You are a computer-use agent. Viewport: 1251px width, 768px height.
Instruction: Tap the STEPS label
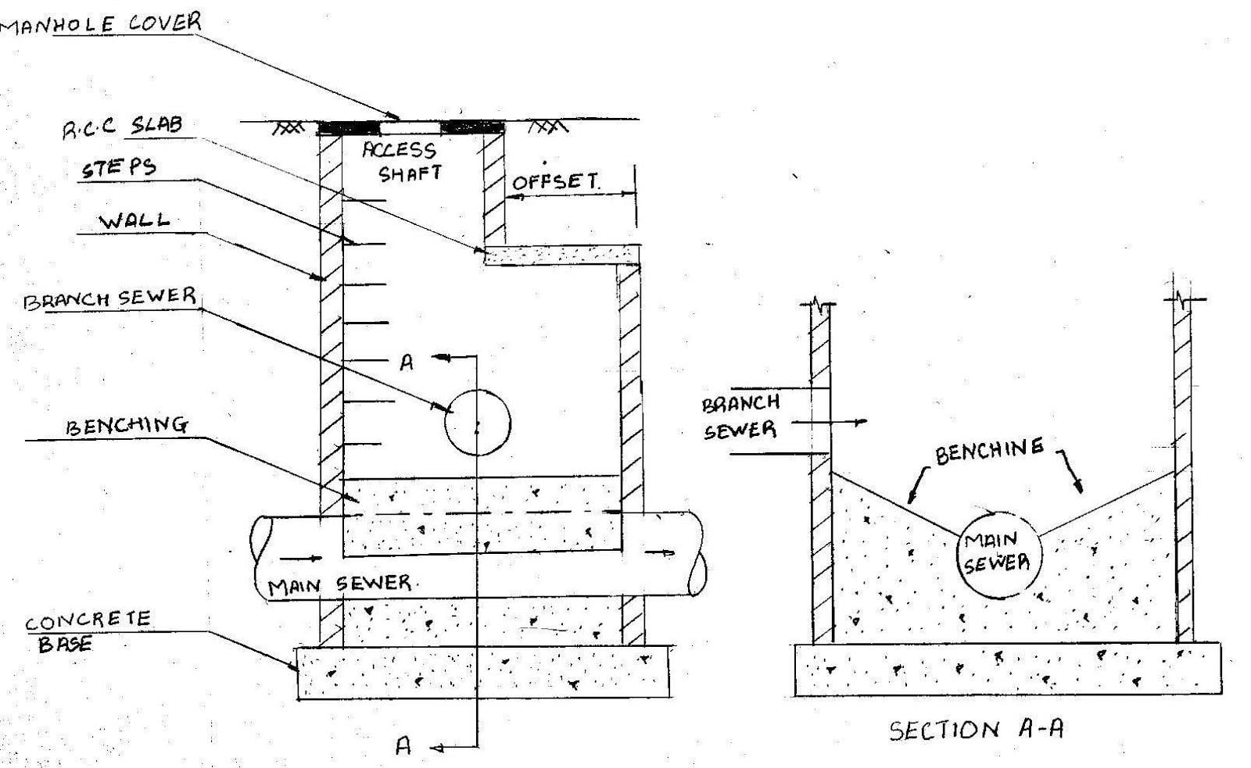(x=119, y=168)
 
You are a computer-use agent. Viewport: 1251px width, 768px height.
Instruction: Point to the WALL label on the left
(x=134, y=220)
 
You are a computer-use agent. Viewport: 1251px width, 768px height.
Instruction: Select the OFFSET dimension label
(x=555, y=183)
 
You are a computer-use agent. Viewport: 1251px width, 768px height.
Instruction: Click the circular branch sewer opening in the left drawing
(x=477, y=423)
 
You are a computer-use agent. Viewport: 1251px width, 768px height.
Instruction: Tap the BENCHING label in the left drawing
(x=127, y=426)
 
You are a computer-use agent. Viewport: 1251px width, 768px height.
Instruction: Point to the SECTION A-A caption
(x=976, y=730)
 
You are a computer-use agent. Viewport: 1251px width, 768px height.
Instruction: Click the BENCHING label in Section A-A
(x=989, y=451)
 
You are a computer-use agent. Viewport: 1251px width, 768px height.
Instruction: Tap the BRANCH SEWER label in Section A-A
(x=740, y=416)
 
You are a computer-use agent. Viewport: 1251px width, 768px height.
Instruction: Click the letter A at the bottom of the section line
(x=403, y=746)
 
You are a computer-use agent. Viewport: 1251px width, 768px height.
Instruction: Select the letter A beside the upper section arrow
(x=407, y=363)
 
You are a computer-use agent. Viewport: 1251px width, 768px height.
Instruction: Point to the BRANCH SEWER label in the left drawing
(x=109, y=299)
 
